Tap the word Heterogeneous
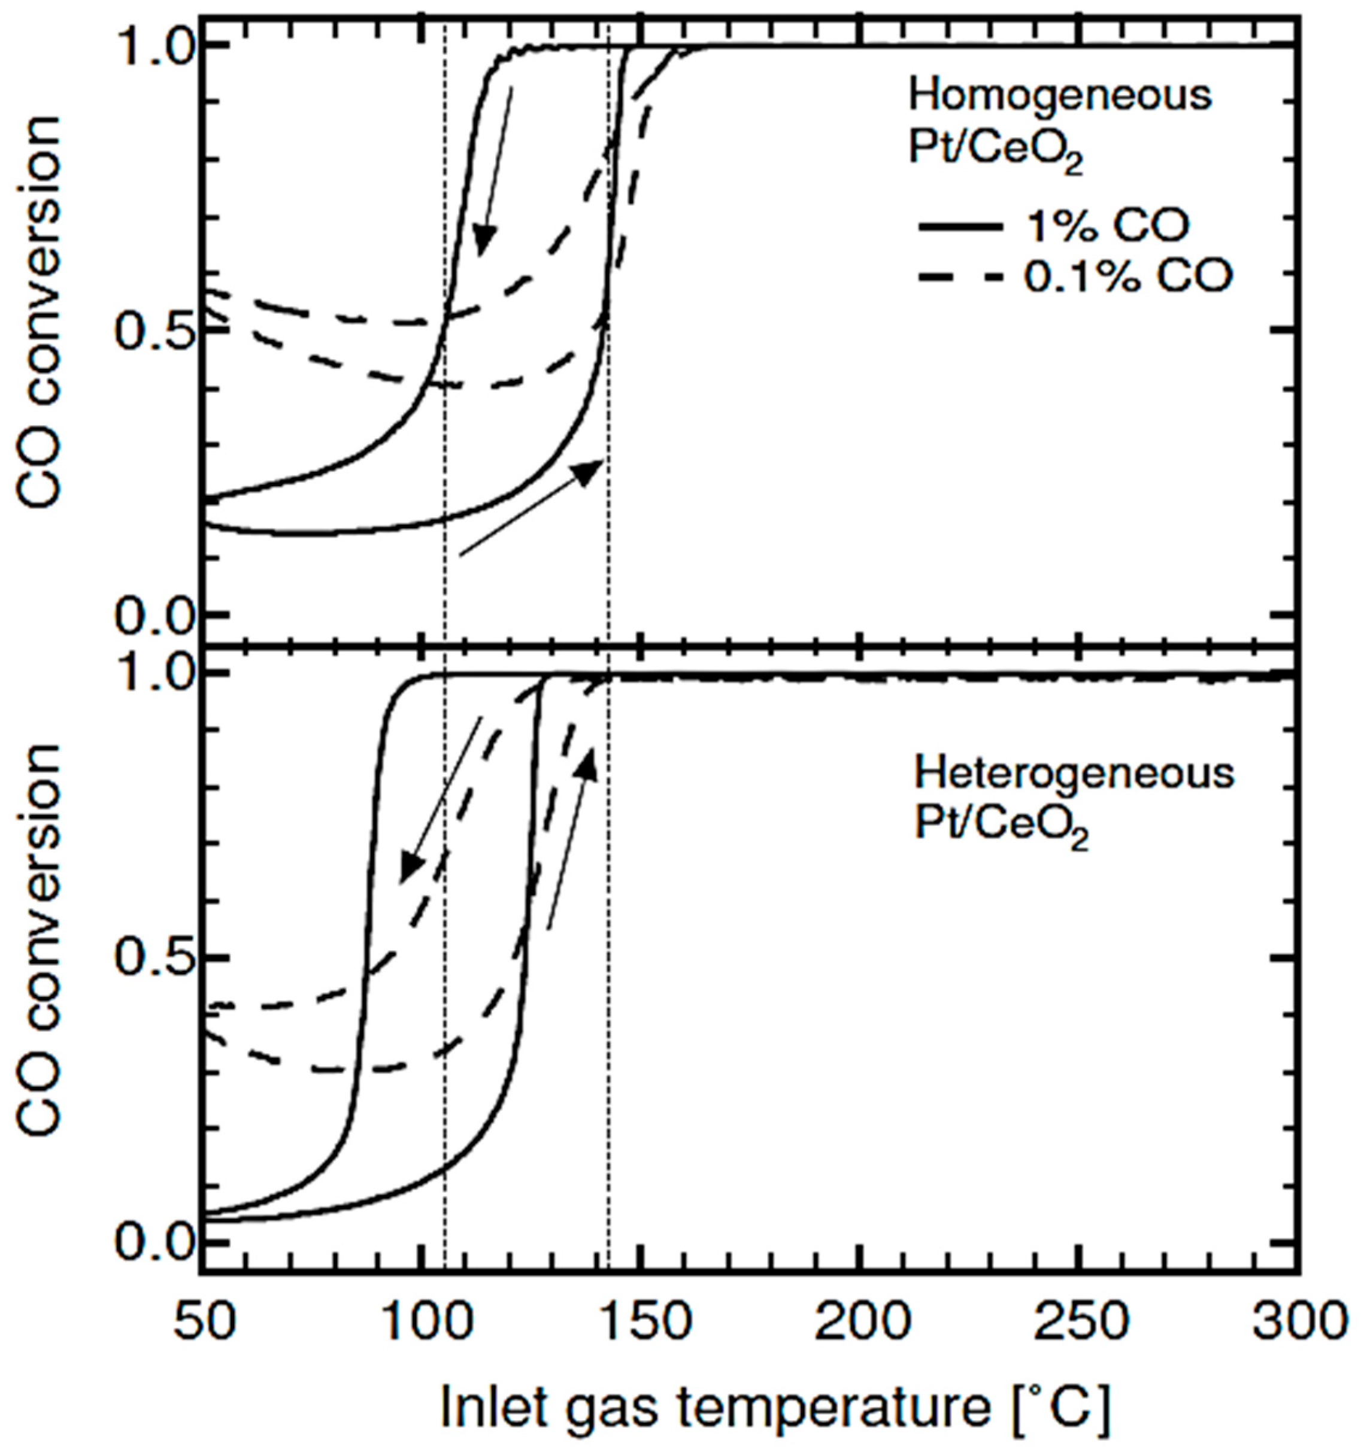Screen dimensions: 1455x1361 1074,774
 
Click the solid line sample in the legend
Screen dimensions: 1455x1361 959,228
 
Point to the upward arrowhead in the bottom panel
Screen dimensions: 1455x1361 587,765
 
